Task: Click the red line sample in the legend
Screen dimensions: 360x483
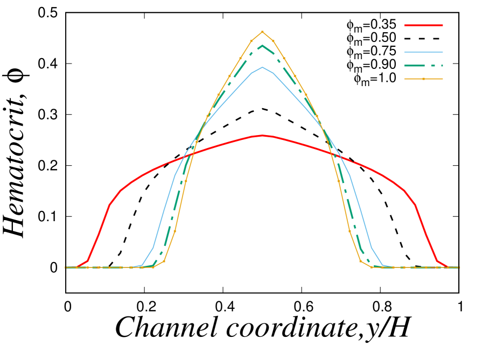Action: (423, 25)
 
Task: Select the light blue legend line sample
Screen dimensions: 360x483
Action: (423, 52)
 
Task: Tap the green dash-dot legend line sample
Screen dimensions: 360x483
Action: (423, 66)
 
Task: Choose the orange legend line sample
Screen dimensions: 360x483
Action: (415, 79)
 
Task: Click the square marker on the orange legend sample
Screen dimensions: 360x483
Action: (423, 79)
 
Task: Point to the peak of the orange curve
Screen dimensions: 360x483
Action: (262, 31)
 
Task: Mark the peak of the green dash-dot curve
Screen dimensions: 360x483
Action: (262, 45)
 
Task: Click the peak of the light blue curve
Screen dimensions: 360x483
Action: (262, 67)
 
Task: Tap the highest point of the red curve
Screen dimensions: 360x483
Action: (262, 135)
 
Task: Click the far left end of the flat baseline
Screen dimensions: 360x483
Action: (66, 267)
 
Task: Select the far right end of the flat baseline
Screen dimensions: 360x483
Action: (459, 267)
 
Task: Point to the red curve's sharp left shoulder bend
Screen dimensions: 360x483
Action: (110, 204)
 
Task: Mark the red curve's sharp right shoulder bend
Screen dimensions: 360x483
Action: (415, 204)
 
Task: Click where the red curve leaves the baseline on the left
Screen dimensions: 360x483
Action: (77, 266)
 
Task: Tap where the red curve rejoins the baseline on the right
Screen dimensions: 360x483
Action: (447, 266)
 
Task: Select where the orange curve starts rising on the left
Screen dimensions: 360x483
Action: (153, 266)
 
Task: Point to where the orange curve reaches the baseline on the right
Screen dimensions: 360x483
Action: (372, 266)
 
